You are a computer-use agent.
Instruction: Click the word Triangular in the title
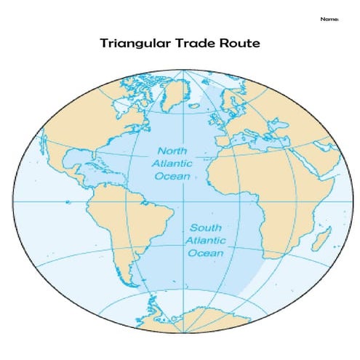(x=135, y=44)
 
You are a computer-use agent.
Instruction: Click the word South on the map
(x=207, y=228)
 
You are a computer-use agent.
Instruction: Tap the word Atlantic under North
(x=172, y=164)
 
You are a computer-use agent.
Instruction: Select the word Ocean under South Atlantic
(x=206, y=253)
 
